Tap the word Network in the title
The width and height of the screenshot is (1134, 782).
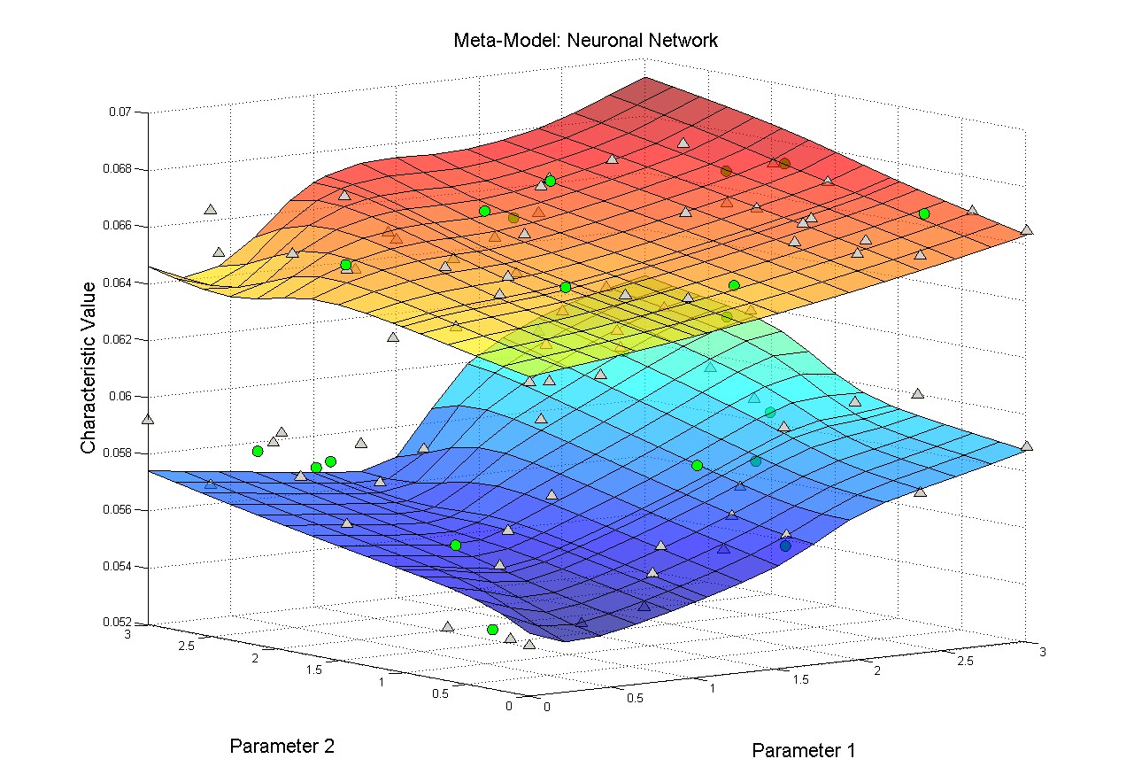pos(683,40)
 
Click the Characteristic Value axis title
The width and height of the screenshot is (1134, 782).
pos(88,368)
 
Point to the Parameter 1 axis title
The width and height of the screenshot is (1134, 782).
pos(803,751)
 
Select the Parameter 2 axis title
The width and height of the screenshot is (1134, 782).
pos(282,746)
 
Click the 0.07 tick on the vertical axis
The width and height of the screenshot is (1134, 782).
pos(120,112)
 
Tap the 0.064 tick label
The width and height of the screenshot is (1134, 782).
pos(118,283)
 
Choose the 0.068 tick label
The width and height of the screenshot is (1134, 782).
pos(118,169)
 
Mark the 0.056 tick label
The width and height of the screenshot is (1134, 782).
pos(118,509)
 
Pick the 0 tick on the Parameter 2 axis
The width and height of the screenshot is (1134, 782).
pos(508,706)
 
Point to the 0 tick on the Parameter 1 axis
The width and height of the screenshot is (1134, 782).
pos(547,707)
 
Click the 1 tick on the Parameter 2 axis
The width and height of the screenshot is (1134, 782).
pos(383,682)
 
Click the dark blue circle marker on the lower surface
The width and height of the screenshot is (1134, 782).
pos(785,546)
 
